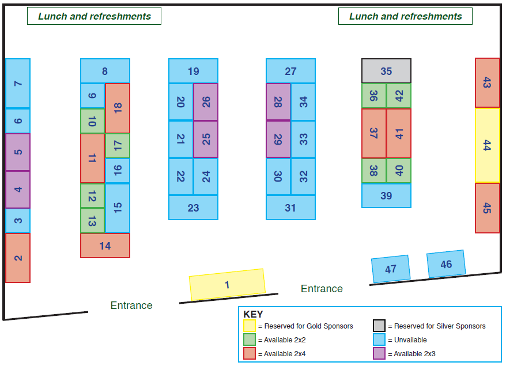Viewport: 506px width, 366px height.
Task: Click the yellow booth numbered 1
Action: point(227,285)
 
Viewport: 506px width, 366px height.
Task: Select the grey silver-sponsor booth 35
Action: point(386,71)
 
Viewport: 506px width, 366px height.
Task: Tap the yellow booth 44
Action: point(488,145)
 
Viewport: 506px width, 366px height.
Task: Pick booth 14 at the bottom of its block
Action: point(105,246)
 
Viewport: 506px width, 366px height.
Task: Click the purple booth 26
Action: point(206,102)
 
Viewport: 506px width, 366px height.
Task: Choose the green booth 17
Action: point(118,146)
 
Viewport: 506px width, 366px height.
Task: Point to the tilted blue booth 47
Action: point(391,269)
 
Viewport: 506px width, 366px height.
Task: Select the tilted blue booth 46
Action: point(446,264)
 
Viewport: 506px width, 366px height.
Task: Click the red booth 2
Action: point(18,258)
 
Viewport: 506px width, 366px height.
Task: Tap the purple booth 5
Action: point(18,152)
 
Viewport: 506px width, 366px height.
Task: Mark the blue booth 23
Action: point(193,207)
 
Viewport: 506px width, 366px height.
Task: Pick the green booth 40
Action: point(399,171)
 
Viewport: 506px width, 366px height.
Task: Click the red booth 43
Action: point(488,83)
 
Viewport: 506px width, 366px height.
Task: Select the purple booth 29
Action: point(278,139)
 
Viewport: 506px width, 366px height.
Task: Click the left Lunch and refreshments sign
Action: point(95,16)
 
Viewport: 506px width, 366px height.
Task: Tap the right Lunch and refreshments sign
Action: point(405,16)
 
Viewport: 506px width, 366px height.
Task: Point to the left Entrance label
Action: point(131,305)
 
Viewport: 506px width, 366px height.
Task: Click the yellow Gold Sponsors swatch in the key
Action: point(250,326)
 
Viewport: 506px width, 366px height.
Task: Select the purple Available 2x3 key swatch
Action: point(379,353)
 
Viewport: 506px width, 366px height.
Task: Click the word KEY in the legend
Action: point(254,314)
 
